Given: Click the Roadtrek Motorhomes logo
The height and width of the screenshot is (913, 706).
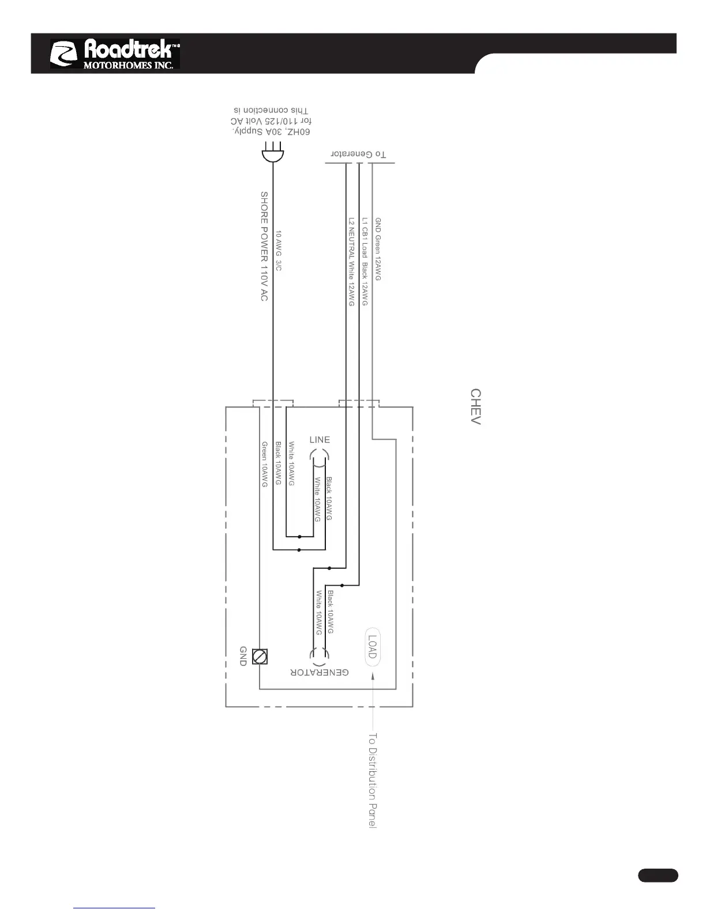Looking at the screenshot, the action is [115, 54].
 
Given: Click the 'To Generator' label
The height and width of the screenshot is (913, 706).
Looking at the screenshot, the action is [358, 154].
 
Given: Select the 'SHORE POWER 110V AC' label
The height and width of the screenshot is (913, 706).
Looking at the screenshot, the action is [264, 246].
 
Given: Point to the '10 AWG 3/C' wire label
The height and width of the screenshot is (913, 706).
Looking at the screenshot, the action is [279, 251].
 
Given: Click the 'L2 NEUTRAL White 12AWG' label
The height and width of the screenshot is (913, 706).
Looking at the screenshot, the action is [351, 261].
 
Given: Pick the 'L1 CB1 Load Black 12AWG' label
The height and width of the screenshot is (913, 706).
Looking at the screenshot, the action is [365, 261].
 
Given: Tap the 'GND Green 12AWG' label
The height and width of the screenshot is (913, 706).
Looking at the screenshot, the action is [378, 249].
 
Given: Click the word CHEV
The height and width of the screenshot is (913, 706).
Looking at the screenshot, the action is [476, 406].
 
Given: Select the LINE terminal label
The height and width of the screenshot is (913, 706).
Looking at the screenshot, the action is [320, 440].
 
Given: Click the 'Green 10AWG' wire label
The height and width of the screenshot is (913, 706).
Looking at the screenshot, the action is [265, 465].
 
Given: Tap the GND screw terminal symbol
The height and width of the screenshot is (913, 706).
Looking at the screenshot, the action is [260, 656].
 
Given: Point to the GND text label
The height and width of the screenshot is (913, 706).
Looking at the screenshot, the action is [243, 656].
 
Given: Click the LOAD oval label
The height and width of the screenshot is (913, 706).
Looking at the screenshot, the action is [373, 646].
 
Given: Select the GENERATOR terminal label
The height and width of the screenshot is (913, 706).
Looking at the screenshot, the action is [320, 673].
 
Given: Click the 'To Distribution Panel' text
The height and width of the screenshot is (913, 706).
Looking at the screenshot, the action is [373, 780].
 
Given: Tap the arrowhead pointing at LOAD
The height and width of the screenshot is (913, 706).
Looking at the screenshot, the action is [373, 674].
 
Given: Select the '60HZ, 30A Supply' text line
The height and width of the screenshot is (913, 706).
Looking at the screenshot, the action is [272, 132].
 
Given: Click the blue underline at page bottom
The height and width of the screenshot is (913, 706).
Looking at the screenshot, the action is [114, 908].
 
